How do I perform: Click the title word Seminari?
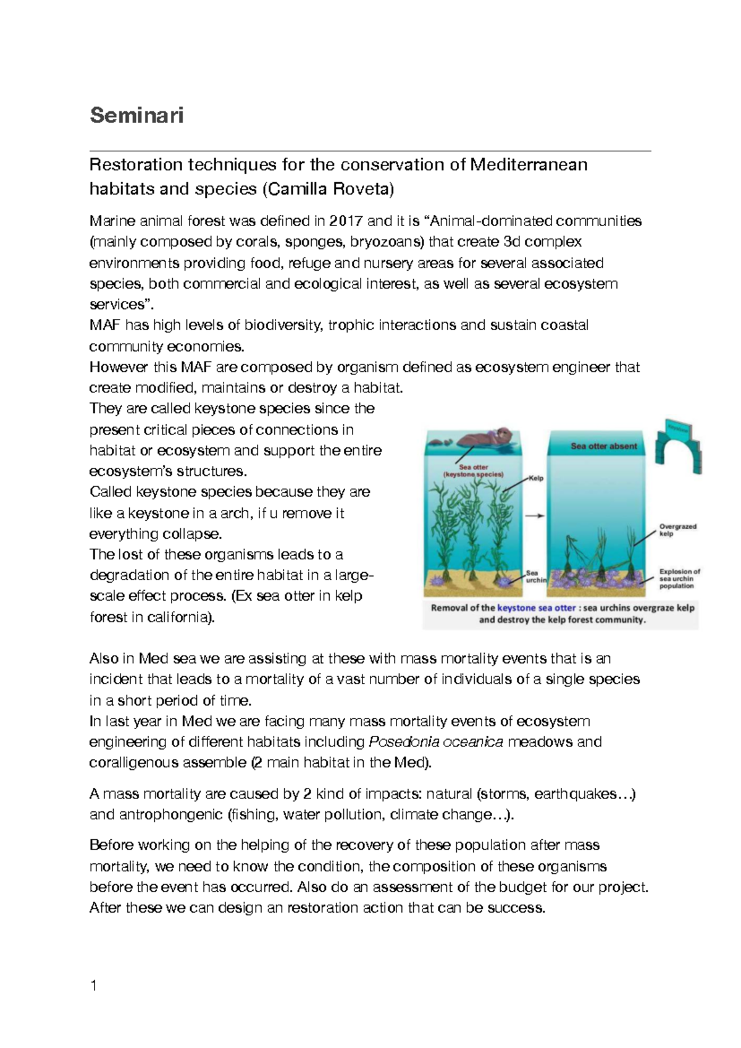(x=136, y=116)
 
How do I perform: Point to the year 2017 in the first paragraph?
(x=346, y=221)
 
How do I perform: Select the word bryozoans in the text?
(x=387, y=242)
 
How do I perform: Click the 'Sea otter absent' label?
(x=603, y=446)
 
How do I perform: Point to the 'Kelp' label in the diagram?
(x=536, y=478)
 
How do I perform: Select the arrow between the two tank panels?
(x=535, y=516)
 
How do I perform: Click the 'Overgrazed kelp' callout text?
(x=677, y=530)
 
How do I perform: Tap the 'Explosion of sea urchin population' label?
(x=679, y=578)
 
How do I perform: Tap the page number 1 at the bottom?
(x=93, y=986)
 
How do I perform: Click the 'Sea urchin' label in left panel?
(x=535, y=577)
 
